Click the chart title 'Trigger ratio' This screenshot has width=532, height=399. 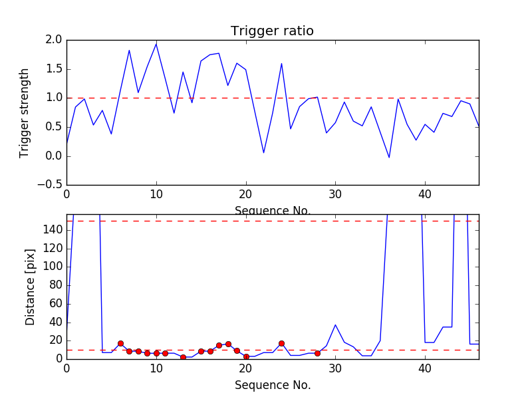click(x=272, y=31)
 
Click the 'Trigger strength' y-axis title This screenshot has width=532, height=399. click(x=25, y=112)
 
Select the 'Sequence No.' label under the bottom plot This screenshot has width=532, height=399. click(x=272, y=385)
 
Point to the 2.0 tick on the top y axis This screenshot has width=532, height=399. click(x=55, y=40)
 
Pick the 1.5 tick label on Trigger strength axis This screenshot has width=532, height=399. click(x=55, y=69)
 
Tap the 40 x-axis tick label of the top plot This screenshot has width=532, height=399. click(x=425, y=194)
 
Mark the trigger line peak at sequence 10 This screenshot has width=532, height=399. click(x=156, y=44)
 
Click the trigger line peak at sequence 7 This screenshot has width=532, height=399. click(x=129, y=51)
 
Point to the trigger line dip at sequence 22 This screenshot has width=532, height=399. click(x=263, y=153)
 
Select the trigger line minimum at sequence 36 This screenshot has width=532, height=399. click(x=389, y=158)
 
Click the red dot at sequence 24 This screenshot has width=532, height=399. click(x=281, y=343)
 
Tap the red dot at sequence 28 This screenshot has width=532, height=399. click(x=317, y=353)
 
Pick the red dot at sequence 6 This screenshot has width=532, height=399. click(x=120, y=343)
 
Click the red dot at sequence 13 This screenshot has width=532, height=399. click(x=183, y=357)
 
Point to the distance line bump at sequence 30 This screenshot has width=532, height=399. click(x=335, y=325)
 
